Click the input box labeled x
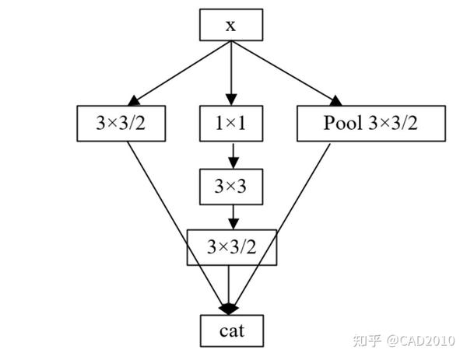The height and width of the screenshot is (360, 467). click(231, 25)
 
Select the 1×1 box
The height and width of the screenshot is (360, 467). click(231, 121)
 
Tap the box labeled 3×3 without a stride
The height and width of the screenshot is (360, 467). click(231, 185)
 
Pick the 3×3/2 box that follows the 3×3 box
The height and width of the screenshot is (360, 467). click(231, 248)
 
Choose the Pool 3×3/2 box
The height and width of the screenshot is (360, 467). click(371, 121)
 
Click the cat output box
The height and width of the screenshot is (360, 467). click(231, 330)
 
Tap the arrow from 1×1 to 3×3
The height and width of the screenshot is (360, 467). click(231, 153)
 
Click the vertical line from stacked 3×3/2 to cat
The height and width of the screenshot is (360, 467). click(231, 284)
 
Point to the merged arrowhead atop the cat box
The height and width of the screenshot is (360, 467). click(231, 308)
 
